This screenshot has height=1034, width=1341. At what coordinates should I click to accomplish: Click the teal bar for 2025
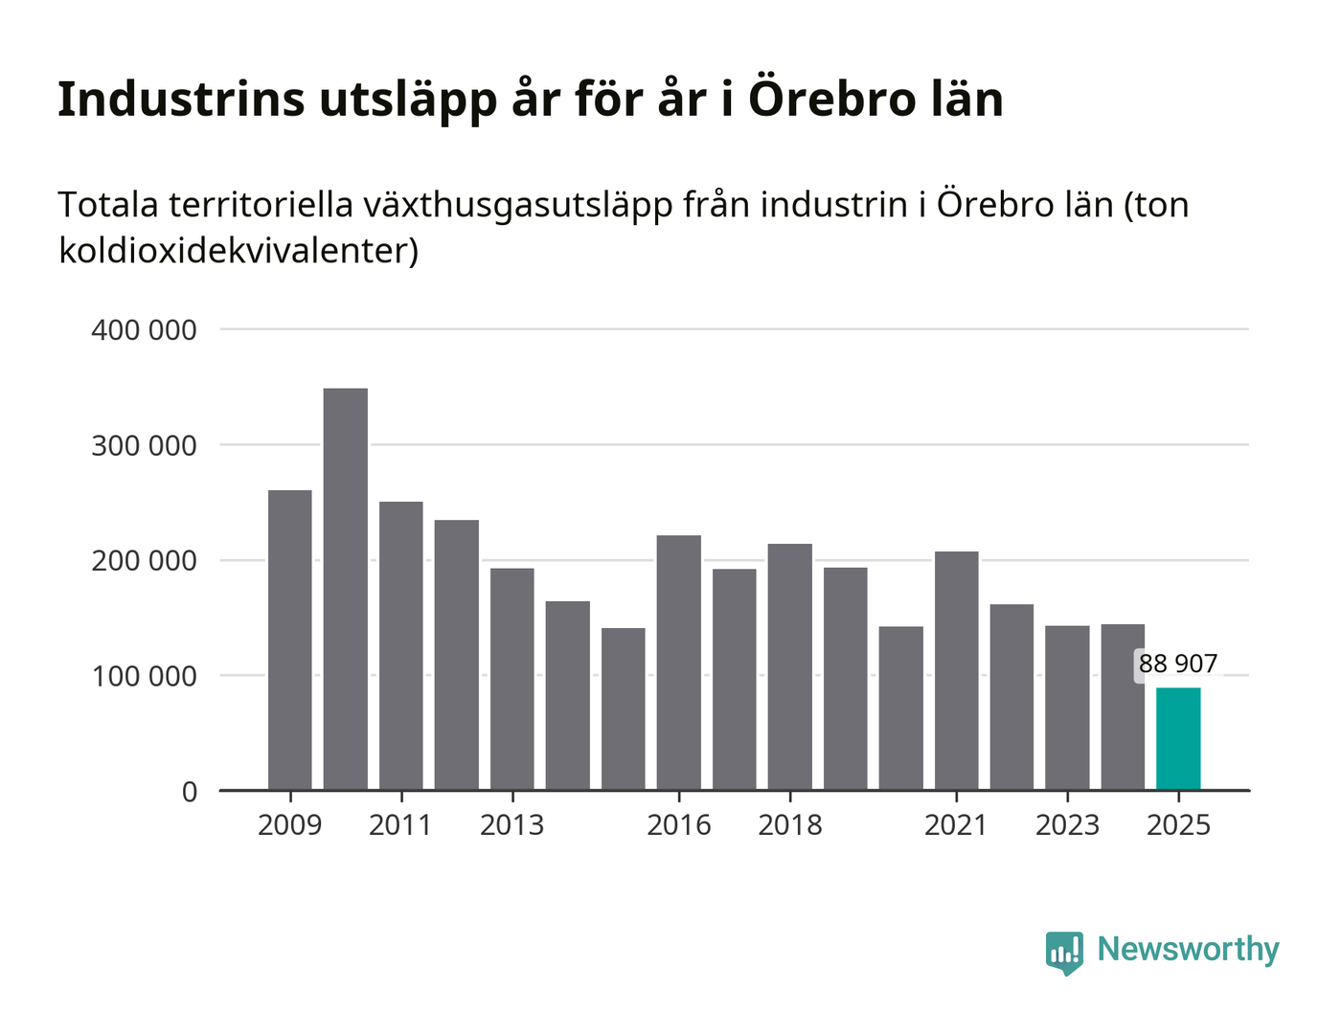[1178, 738]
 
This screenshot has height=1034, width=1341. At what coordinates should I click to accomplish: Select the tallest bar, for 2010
[346, 589]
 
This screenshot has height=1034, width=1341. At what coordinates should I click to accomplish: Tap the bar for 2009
[290, 640]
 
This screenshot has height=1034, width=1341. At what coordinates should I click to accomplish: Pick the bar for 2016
[679, 663]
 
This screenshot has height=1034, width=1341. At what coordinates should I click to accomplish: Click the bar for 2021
[957, 670]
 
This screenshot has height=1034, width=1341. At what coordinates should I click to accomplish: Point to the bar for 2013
[512, 679]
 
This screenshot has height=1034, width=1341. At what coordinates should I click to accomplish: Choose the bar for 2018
[790, 666]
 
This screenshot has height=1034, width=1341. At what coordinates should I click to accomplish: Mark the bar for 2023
[1068, 708]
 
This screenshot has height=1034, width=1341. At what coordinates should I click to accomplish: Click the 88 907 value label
[1178, 663]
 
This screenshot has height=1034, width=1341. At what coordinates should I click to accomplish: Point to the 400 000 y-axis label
[144, 330]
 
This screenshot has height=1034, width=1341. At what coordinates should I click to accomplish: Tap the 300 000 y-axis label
[144, 446]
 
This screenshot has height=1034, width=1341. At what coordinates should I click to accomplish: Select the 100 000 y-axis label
[144, 676]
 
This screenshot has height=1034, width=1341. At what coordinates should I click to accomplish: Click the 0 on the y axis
[190, 792]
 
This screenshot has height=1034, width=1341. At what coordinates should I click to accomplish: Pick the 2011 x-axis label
[400, 825]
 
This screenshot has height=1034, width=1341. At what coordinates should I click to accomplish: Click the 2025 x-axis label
[1179, 825]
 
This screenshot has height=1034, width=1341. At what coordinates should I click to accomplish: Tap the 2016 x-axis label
[679, 825]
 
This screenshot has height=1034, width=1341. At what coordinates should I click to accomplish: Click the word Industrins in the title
[181, 99]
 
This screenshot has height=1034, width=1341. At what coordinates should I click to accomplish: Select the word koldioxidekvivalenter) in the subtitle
[239, 251]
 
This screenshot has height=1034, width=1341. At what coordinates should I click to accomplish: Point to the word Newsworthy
[1188, 950]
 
